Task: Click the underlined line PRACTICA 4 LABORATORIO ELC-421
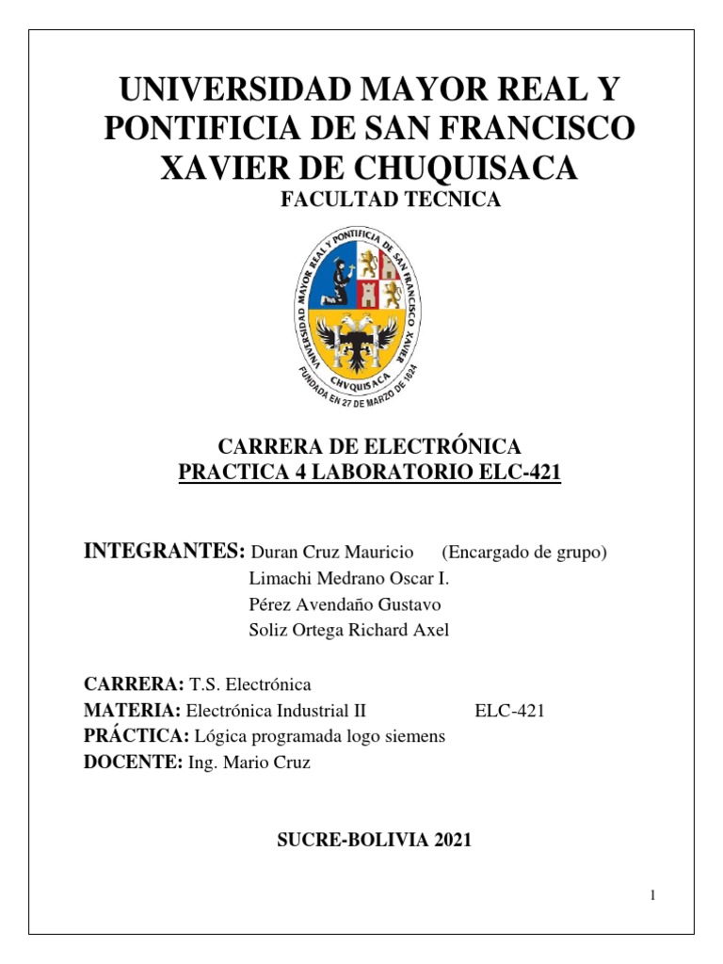(369, 471)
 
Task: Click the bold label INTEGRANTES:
(165, 551)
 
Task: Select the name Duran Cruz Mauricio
(333, 552)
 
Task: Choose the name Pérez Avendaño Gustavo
(344, 604)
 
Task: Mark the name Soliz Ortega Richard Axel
(348, 630)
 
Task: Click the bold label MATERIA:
(132, 711)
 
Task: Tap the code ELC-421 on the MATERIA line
(509, 712)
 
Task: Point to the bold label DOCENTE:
(133, 763)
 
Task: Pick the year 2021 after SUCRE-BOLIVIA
(453, 841)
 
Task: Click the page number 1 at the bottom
(651, 895)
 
